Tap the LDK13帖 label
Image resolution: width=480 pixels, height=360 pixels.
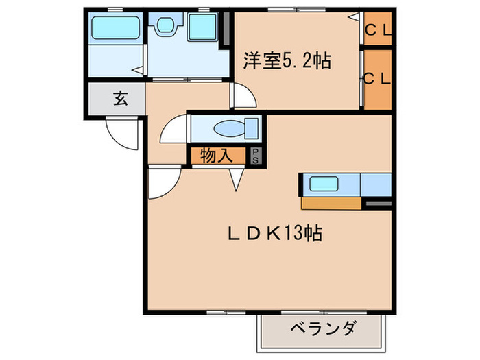coord(275,233)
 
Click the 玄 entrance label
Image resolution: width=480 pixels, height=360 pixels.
coord(119,98)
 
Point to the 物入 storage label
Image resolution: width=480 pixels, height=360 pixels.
coord(215,156)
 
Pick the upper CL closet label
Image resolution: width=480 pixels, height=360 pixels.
coord(377,29)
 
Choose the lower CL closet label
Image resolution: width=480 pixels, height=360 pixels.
coord(377,78)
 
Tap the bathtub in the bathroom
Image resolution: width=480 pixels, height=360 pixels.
coord(115,29)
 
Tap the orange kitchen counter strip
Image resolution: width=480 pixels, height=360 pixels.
coord(332,203)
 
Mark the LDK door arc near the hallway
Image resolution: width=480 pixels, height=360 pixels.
coord(163,182)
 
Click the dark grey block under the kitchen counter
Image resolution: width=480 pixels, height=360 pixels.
coord(379,203)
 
